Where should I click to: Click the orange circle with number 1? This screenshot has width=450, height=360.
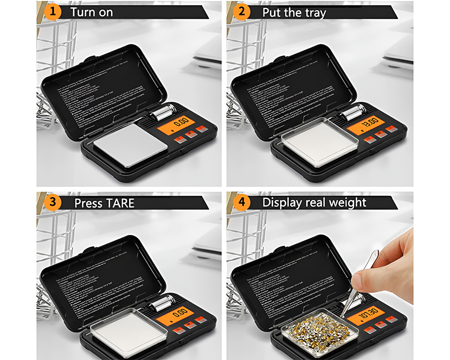53,12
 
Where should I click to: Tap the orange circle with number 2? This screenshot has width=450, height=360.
242,12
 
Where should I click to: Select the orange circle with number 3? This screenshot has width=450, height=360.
53,202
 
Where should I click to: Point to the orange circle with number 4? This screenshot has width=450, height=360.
242,202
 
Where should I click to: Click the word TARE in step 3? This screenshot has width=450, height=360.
119,203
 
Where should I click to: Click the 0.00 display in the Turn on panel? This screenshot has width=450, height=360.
179,122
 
